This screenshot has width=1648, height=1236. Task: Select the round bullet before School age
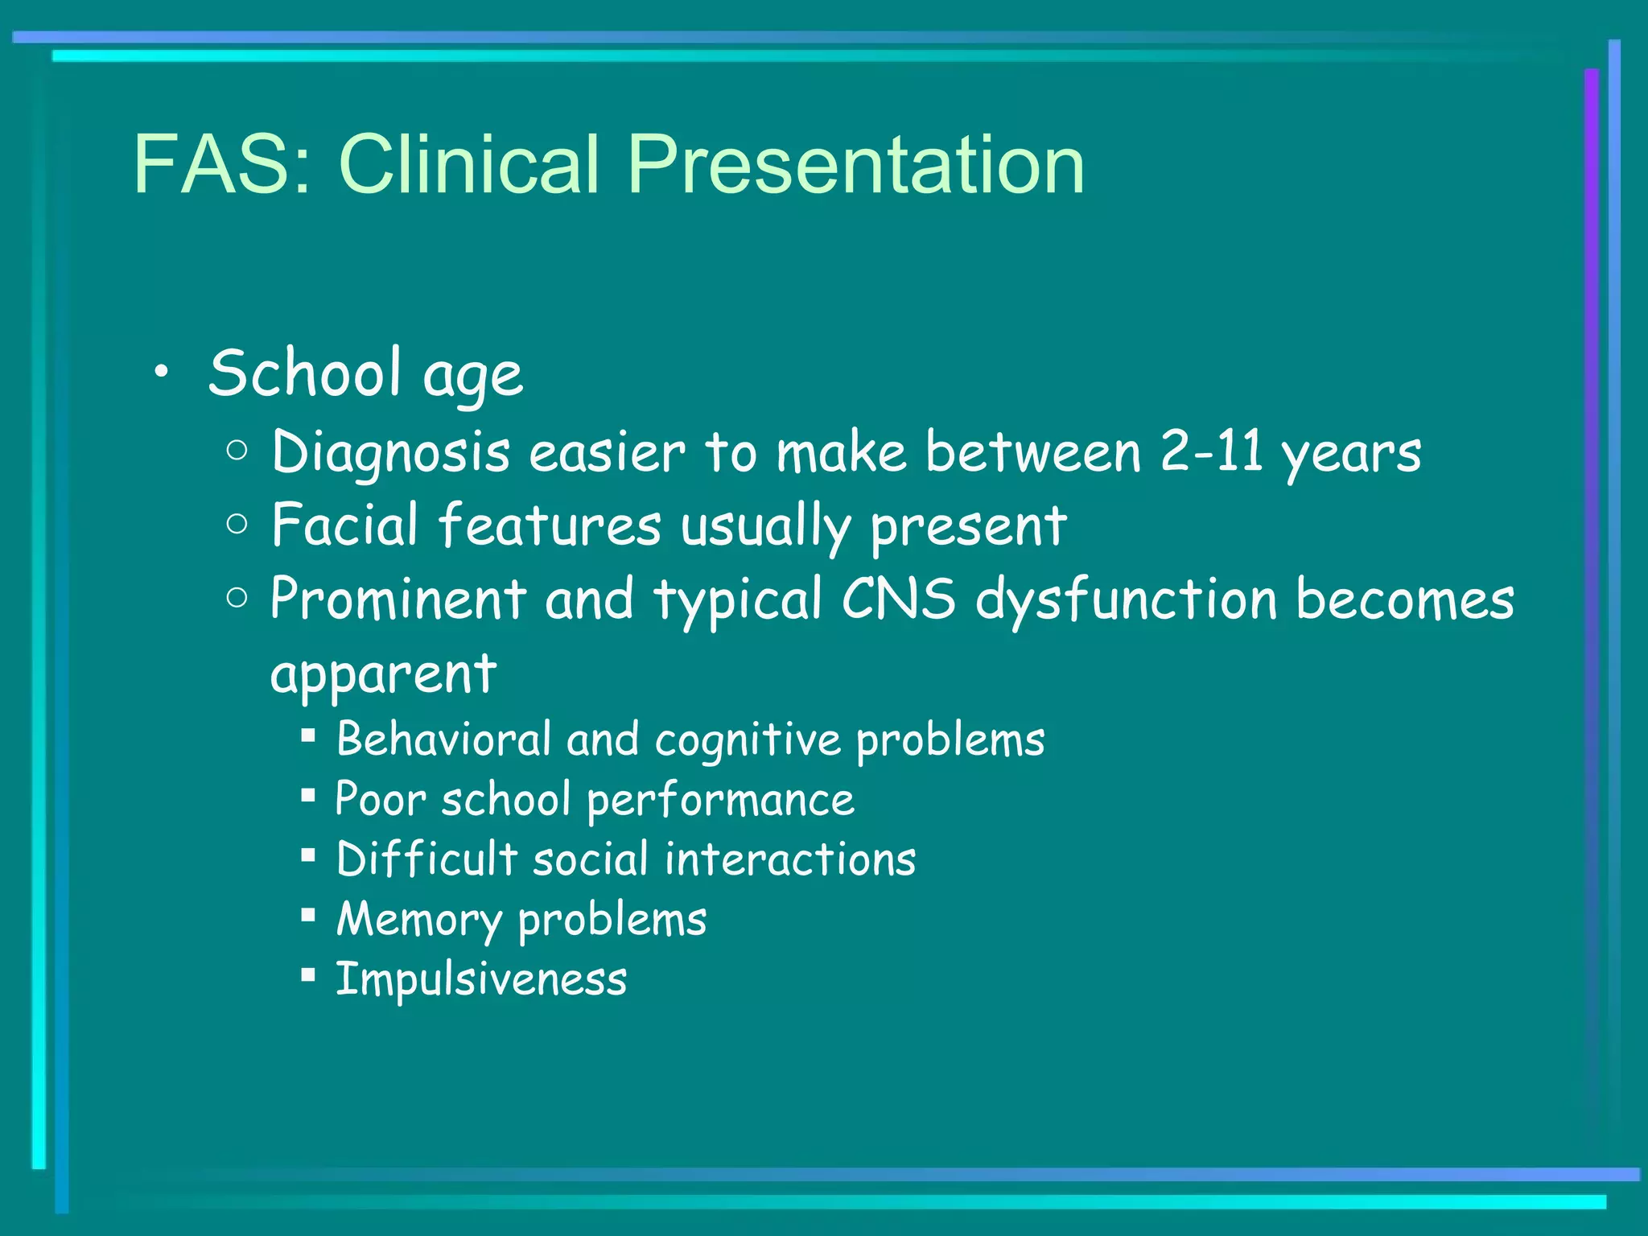162,371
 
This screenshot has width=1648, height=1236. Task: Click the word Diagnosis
390,453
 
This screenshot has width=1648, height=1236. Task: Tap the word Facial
345,525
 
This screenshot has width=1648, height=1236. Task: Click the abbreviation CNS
899,599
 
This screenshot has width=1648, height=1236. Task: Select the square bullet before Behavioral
307,735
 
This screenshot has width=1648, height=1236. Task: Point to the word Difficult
426,859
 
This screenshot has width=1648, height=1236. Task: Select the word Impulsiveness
481,979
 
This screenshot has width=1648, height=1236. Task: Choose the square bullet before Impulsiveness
307,974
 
